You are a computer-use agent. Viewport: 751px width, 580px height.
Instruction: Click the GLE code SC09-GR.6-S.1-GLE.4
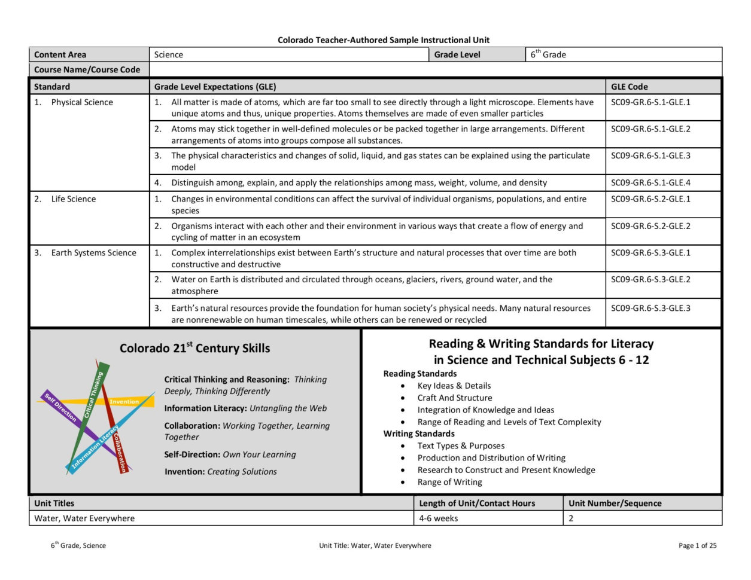(650, 183)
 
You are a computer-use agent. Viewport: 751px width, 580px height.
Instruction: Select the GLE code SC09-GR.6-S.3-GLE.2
(650, 279)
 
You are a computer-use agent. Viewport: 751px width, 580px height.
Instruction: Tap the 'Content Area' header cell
(60, 54)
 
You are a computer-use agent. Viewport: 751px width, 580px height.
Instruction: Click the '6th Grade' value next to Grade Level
(548, 54)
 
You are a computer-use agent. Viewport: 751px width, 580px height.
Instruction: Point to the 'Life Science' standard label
(73, 199)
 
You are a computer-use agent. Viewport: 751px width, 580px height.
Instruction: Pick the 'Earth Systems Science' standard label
(93, 253)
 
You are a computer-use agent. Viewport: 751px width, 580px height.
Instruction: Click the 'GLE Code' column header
(629, 87)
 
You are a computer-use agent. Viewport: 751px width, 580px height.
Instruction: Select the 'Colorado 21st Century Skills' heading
(194, 348)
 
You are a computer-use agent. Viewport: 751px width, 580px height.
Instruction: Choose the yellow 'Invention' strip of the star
(124, 402)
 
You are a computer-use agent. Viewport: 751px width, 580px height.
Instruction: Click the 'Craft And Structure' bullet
(455, 398)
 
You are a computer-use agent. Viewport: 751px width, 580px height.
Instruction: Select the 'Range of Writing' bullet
(449, 482)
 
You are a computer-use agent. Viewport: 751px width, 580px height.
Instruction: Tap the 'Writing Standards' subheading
(419, 434)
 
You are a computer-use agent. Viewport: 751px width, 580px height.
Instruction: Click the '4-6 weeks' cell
(438, 518)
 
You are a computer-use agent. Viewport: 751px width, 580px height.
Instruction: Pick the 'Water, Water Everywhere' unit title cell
(84, 518)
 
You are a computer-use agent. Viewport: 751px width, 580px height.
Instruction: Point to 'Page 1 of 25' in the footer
(697, 545)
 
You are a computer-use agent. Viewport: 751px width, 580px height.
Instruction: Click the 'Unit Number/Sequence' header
(615, 503)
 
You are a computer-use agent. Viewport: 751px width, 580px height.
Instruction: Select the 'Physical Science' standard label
(82, 102)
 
